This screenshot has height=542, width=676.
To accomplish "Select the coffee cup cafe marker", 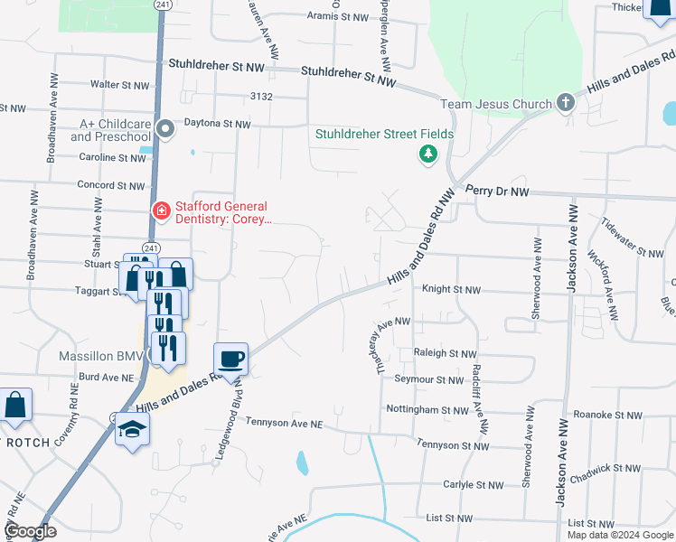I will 230,359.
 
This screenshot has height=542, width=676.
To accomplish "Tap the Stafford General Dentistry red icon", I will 161,210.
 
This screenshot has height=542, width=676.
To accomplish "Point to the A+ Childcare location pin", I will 164,129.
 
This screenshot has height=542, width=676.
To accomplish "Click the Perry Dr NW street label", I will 497,192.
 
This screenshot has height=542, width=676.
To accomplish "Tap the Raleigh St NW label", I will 444,353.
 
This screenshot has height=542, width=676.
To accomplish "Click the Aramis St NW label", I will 338,16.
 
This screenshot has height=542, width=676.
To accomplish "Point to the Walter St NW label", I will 119,85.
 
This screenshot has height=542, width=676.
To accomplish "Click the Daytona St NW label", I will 217,123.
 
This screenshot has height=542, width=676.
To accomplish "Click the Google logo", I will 29,532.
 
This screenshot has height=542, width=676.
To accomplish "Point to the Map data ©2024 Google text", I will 619,535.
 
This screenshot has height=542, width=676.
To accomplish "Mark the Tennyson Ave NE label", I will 283,424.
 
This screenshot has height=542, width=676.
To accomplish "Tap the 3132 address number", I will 261,96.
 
